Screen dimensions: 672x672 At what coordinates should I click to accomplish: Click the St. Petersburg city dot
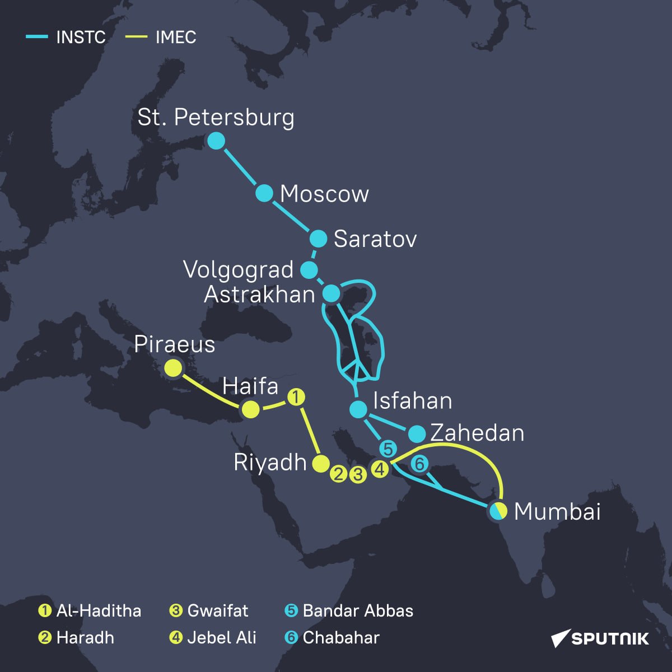[x=216, y=141]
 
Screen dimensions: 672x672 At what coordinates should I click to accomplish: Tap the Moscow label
[x=324, y=194]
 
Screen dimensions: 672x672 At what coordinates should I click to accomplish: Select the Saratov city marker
[x=318, y=239]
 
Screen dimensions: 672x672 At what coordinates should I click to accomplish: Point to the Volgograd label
[x=239, y=270]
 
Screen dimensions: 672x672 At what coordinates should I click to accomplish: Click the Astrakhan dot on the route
[x=332, y=293]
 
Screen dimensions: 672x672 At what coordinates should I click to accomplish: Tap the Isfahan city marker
[x=358, y=409]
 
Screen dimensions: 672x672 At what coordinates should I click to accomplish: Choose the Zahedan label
[x=477, y=433]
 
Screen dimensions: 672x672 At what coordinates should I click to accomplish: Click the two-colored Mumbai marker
[x=498, y=511]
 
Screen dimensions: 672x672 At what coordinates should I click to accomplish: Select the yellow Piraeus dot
[x=173, y=368]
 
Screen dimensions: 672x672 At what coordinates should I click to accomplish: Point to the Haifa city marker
[x=250, y=410]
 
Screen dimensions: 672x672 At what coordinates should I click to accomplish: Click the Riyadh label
[x=270, y=463]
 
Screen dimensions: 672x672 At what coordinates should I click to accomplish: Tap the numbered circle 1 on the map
[x=296, y=397]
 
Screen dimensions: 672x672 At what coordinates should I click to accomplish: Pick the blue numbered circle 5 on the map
[x=388, y=449]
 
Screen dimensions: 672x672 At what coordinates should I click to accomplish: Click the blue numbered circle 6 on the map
[x=419, y=464]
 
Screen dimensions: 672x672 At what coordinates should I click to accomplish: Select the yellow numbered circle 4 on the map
[x=380, y=469]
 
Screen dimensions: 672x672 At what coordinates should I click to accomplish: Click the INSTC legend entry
[x=66, y=38]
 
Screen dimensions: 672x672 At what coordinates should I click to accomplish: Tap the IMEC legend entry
[x=161, y=38]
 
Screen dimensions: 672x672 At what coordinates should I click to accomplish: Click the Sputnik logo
[x=600, y=638]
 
